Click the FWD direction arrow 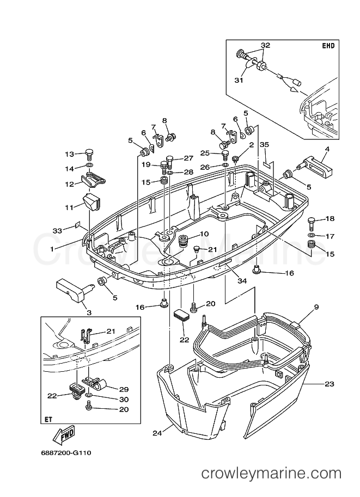point(64,436)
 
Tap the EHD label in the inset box point(328,46)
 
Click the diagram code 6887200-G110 point(66,453)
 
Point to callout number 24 point(157,433)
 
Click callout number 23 point(330,384)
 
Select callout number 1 point(52,249)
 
